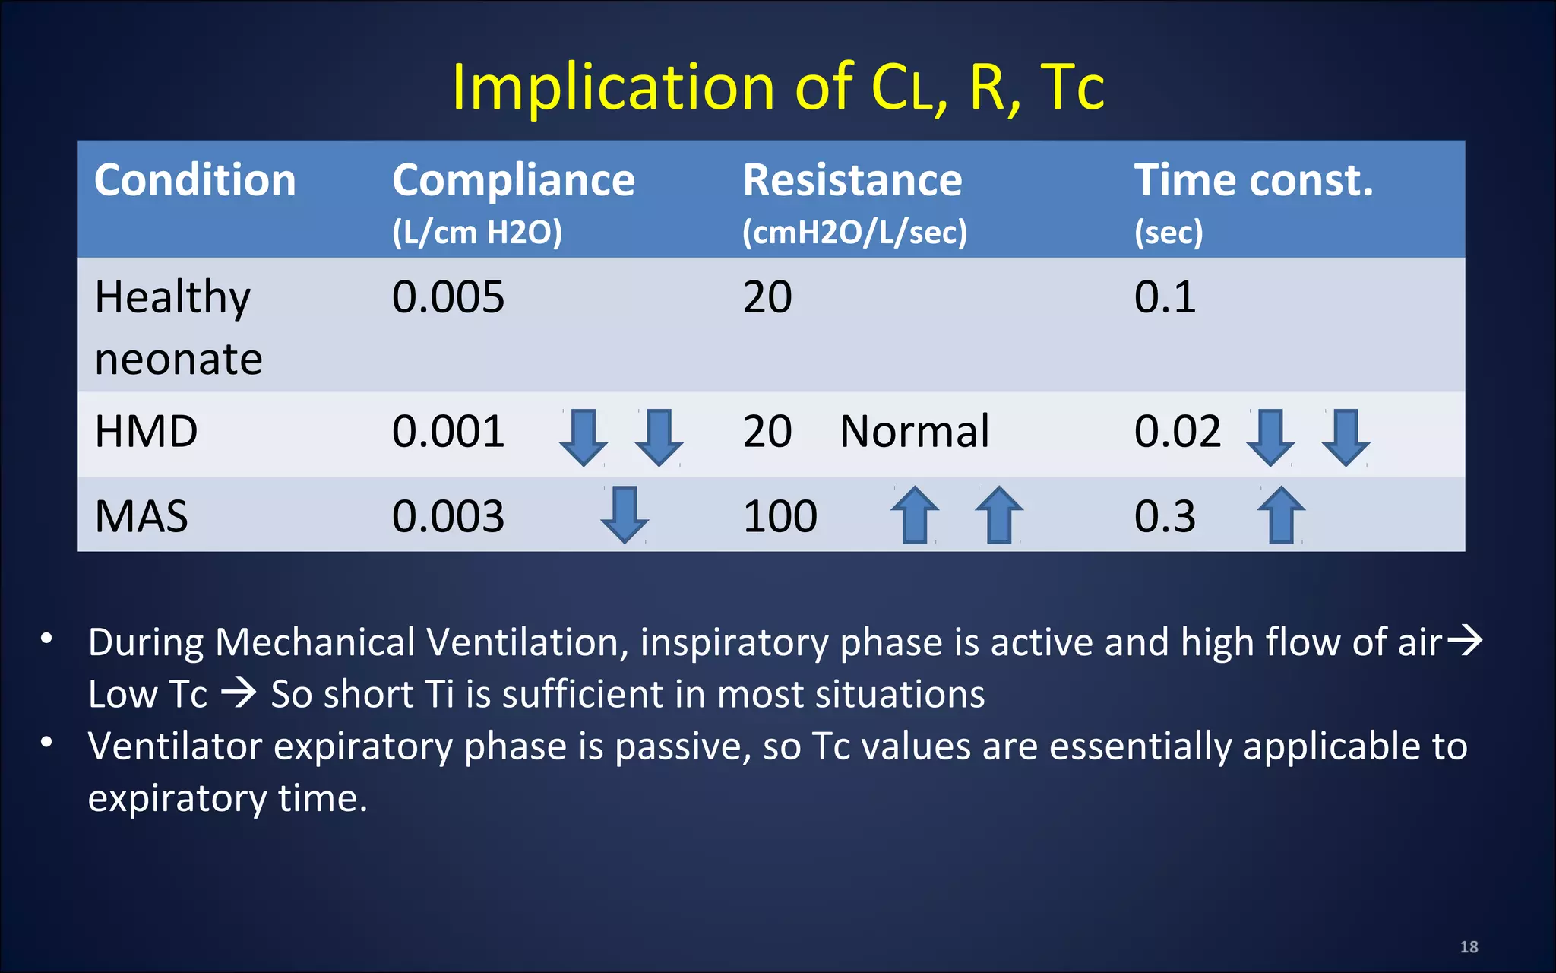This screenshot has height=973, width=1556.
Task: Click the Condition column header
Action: click(194, 181)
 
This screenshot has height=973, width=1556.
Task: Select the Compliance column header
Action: click(513, 181)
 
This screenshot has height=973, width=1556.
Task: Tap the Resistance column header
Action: click(852, 181)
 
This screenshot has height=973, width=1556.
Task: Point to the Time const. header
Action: click(1254, 181)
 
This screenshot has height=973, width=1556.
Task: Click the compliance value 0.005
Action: click(448, 297)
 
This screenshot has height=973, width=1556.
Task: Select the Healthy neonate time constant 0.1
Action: click(1165, 297)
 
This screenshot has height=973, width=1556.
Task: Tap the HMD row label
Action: click(146, 432)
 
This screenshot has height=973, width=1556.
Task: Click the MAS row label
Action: click(141, 517)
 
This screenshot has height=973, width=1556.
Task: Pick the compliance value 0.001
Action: click(448, 432)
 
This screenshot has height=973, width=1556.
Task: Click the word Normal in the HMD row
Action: click(915, 432)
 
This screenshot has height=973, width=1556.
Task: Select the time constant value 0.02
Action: click(1177, 432)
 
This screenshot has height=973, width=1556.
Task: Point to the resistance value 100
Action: click(780, 517)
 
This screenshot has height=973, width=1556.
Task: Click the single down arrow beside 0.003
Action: click(624, 515)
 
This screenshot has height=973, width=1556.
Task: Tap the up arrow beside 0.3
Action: click(1281, 515)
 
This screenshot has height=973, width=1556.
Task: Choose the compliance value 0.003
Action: click(448, 517)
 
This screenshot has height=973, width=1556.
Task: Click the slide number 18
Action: click(1469, 947)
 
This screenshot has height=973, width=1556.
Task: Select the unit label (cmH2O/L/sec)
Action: click(855, 233)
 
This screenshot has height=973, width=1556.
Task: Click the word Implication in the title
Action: click(612, 87)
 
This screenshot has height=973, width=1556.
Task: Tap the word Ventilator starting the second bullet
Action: click(175, 746)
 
